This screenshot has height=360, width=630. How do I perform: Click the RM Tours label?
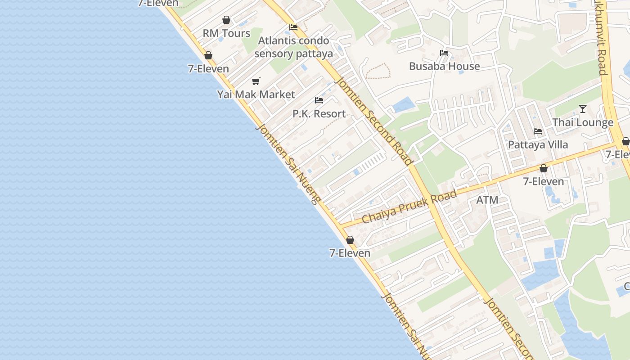[226, 33]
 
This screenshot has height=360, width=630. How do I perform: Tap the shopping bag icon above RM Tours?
[226, 20]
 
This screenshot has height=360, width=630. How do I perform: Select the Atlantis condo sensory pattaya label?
[293, 47]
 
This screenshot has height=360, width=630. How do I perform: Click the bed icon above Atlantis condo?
[293, 27]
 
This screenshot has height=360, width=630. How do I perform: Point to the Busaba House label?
[444, 66]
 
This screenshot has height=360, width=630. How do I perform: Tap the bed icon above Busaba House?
[444, 53]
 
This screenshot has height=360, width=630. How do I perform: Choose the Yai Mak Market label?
[256, 94]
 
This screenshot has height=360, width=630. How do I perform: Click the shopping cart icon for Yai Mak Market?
[256, 81]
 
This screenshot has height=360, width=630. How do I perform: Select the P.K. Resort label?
[319, 114]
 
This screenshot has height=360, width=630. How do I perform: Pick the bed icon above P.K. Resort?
[319, 100]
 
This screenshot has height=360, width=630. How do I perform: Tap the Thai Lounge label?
[583, 122]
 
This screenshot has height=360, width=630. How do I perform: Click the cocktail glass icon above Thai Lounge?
[583, 109]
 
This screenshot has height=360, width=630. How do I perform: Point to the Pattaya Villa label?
[538, 145]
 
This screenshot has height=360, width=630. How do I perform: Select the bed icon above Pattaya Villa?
[538, 131]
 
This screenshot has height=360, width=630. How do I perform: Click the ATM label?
[487, 200]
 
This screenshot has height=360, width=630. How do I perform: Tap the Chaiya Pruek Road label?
[409, 207]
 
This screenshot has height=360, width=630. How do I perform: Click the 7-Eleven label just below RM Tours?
[208, 69]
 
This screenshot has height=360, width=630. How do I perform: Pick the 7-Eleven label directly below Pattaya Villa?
[543, 181]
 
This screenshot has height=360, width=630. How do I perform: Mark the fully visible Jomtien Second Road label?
[374, 121]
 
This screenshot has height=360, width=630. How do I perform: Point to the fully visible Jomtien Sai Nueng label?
[288, 164]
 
